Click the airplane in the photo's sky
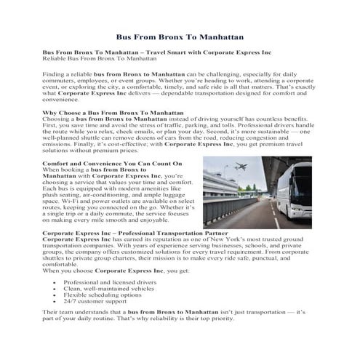[240, 169]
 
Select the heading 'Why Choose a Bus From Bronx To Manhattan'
[113, 113]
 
